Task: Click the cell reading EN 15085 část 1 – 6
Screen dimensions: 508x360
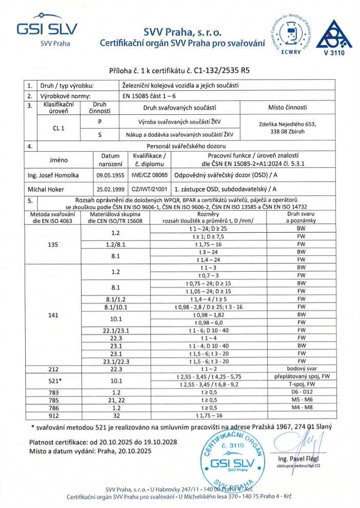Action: (149, 95)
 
